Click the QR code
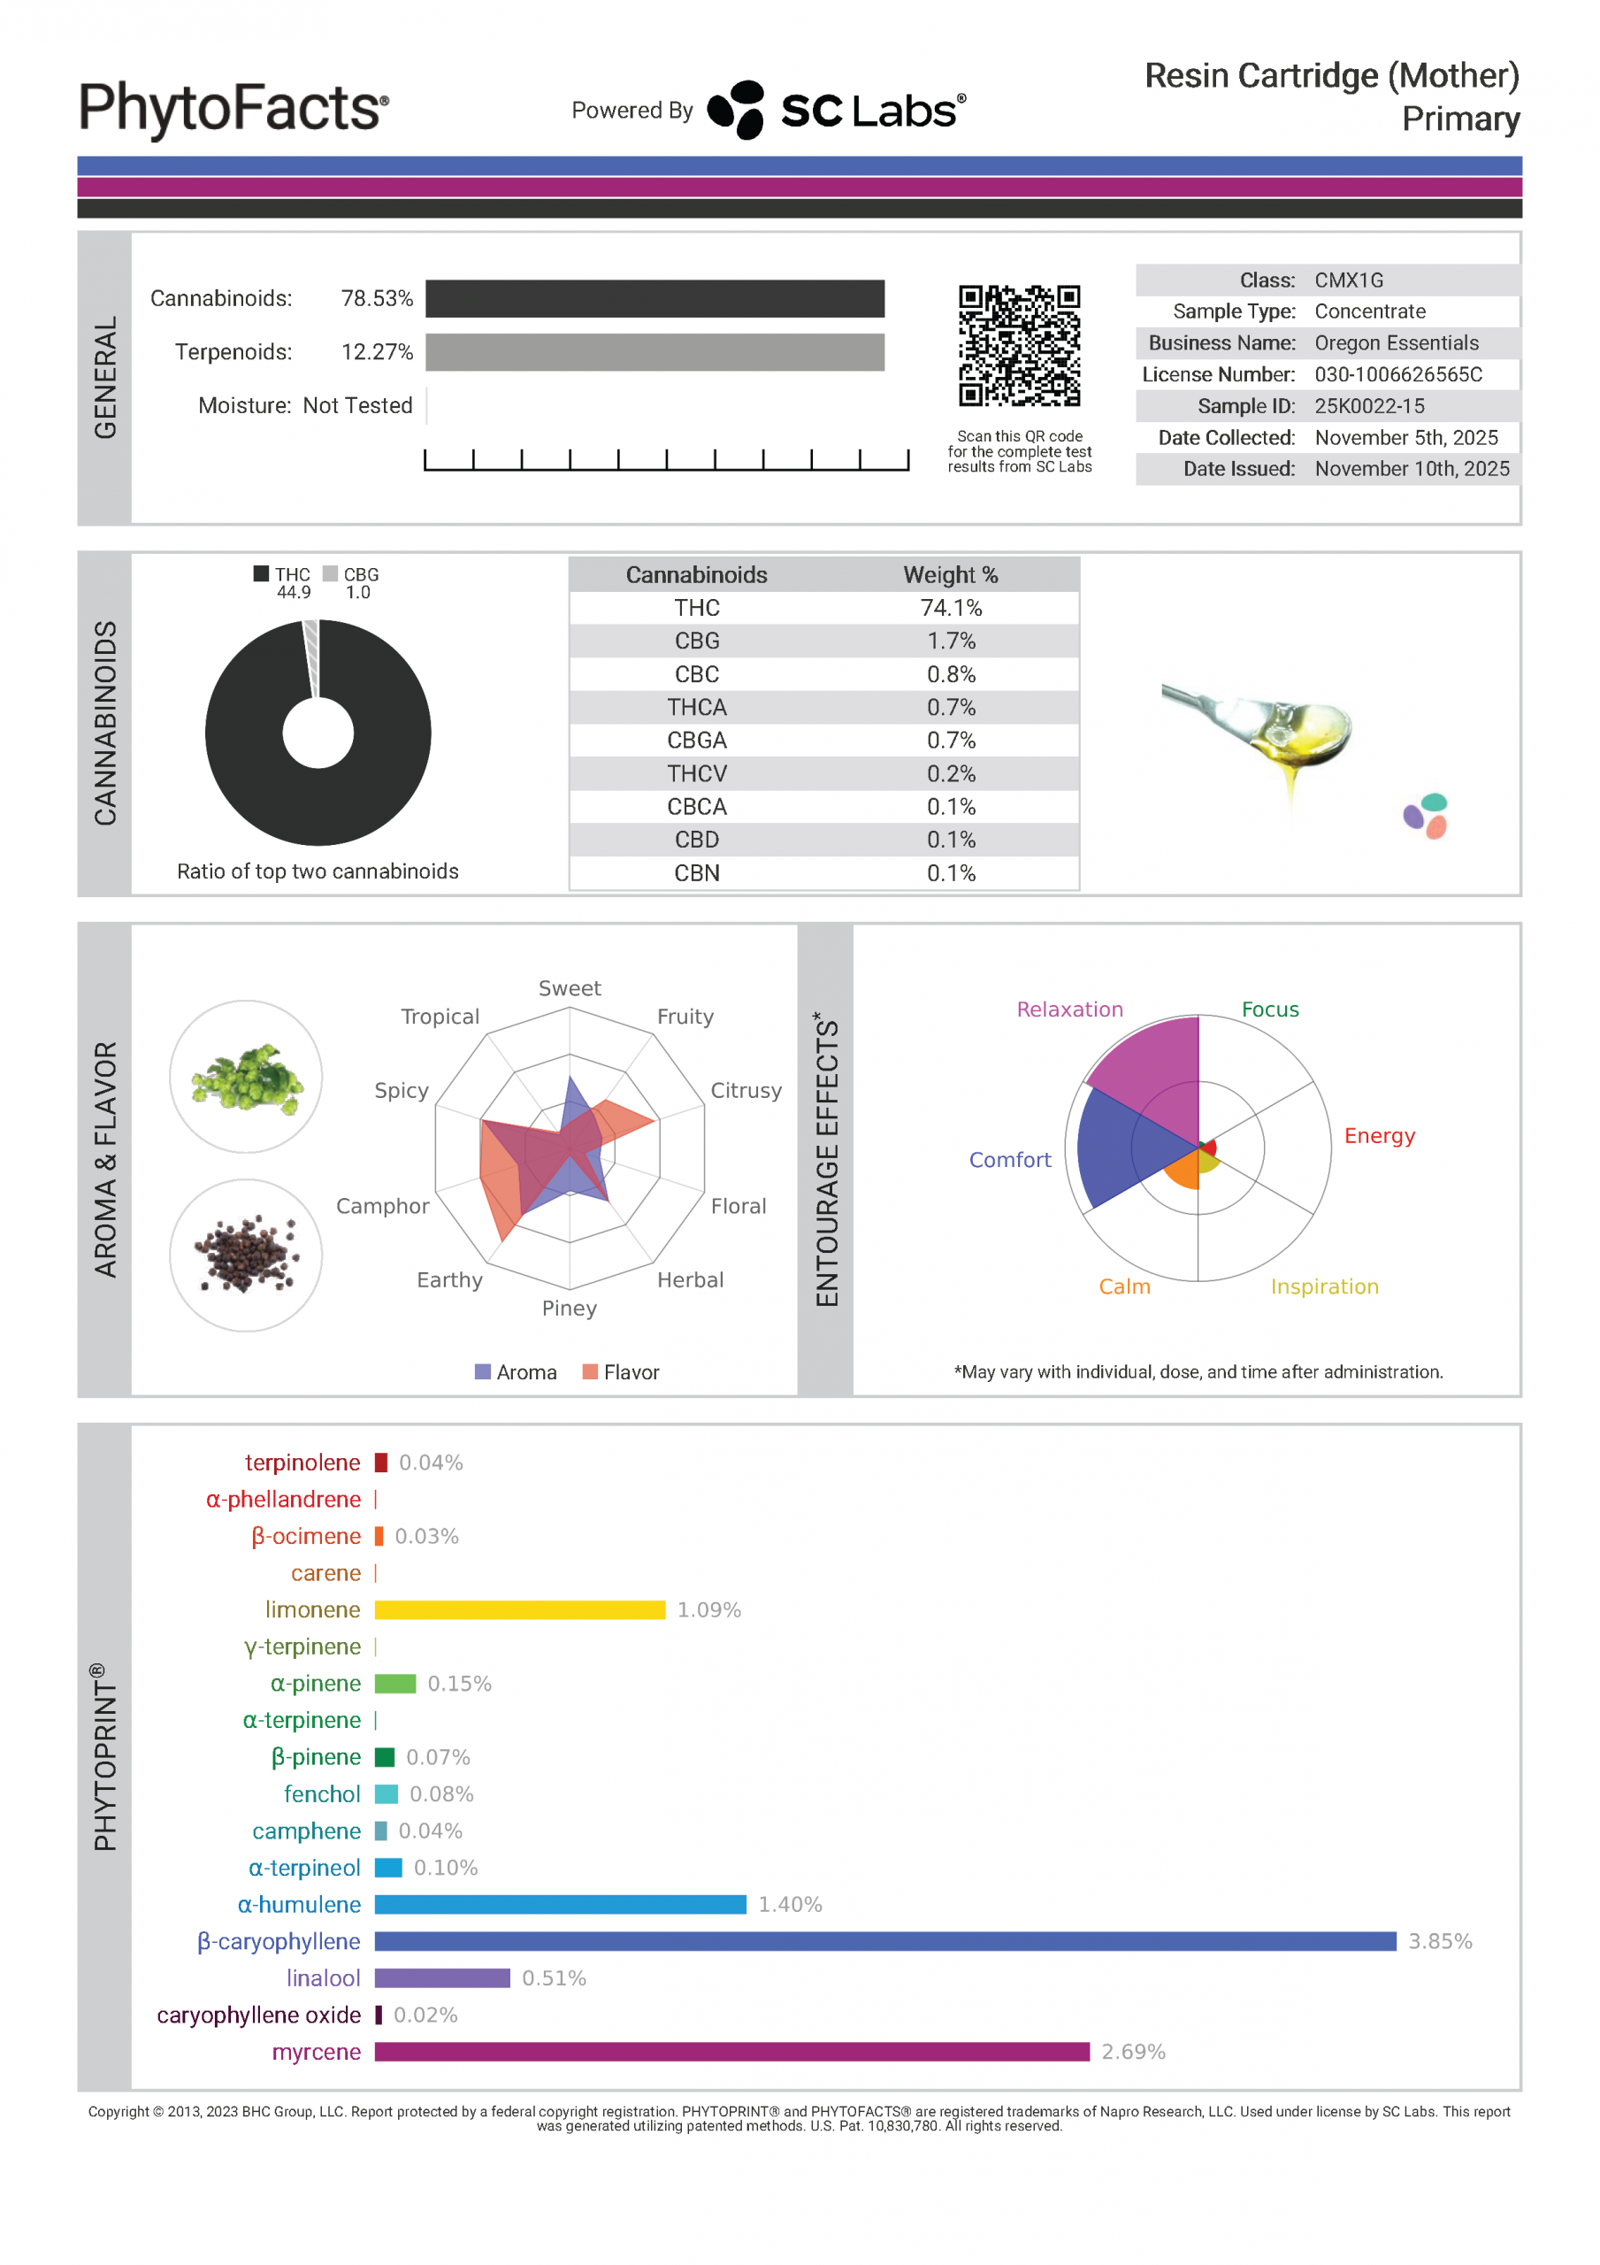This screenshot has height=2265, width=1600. [x=1019, y=345]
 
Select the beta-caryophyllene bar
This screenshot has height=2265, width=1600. [x=884, y=1940]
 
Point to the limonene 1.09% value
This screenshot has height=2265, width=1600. [x=708, y=1609]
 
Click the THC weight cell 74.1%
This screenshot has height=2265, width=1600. [x=950, y=608]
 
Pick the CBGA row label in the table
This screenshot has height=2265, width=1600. [x=696, y=740]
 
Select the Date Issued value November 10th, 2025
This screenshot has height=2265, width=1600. [x=1412, y=469]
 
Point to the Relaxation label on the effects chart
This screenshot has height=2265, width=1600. [x=1069, y=1010]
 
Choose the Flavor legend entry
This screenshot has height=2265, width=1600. [x=621, y=1371]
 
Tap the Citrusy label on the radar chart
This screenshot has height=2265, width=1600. [x=746, y=1090]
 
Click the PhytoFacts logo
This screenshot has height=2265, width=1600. [x=233, y=109]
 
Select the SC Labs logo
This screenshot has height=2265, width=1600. [x=837, y=110]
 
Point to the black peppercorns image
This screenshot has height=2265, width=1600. [x=246, y=1254]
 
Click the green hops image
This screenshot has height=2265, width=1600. [x=246, y=1076]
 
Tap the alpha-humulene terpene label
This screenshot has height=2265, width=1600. [x=299, y=1904]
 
